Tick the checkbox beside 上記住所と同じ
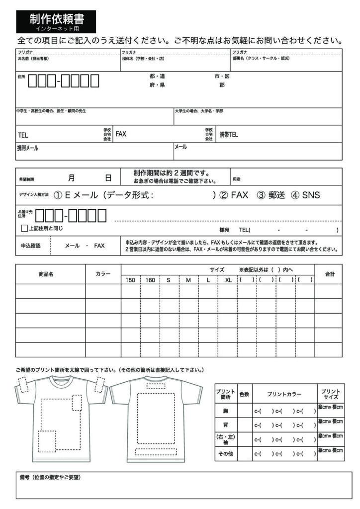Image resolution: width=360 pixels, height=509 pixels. pos(24,229)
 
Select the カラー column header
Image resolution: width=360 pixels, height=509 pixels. pos(102,274)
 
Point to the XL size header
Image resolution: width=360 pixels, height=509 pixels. pos(228,280)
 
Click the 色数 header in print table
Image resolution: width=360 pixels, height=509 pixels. pos(244,394)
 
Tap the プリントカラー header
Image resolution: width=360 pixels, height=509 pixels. pos(284,394)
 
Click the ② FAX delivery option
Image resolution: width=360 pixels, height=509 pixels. pos(234,195)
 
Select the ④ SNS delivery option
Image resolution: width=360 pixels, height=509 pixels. pos(305,195)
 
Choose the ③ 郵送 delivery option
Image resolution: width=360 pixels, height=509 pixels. pos(271,195)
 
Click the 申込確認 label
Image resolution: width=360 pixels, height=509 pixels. pos(30,245)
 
